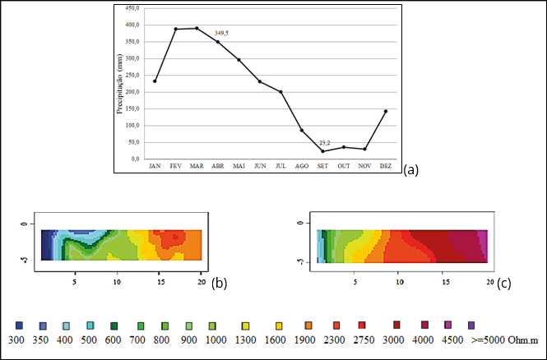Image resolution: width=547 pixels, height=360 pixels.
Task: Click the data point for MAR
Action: pyautogui.click(x=197, y=28)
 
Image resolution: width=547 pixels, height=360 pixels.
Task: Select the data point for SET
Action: pyautogui.click(x=322, y=151)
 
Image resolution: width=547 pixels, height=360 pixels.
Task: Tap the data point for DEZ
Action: pyautogui.click(x=386, y=111)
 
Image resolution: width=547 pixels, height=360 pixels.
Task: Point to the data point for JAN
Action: pyautogui.click(x=155, y=81)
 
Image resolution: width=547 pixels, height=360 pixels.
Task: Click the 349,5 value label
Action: pyautogui.click(x=222, y=33)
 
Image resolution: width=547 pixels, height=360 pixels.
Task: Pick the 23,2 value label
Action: pyautogui.click(x=325, y=143)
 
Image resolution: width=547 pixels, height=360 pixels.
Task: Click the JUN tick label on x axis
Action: pyautogui.click(x=260, y=165)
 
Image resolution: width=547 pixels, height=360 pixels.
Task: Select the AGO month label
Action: pyautogui.click(x=302, y=165)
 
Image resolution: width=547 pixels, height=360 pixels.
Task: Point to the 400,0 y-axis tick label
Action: pyautogui.click(x=132, y=25)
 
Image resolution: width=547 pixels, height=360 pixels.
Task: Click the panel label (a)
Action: pyautogui.click(x=411, y=170)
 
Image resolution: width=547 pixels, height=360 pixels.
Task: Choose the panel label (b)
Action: pyautogui.click(x=220, y=284)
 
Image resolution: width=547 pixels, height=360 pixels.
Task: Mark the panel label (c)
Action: pyautogui.click(x=503, y=284)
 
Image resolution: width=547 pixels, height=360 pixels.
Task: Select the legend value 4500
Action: pyautogui.click(x=448, y=339)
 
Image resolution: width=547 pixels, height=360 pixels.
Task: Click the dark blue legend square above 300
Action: pyautogui.click(x=18, y=325)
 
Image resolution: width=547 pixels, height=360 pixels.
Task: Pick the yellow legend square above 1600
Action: pyautogui.click(x=280, y=325)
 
